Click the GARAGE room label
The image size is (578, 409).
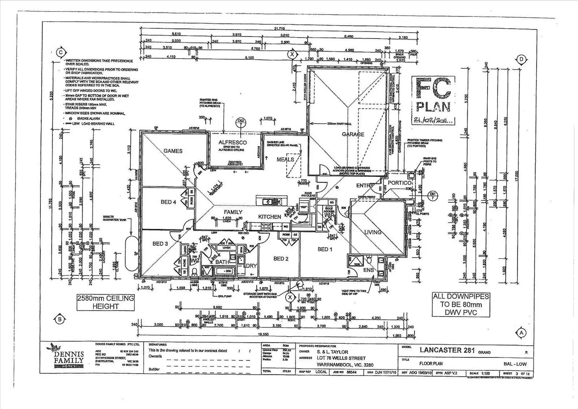click(353, 134)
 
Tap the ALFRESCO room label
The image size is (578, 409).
click(232, 143)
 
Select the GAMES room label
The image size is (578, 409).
click(173, 151)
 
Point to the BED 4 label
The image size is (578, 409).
click(168, 202)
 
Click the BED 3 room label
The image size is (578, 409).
click(160, 244)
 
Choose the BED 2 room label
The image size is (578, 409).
click(281, 259)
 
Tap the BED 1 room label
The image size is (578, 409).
click(325, 249)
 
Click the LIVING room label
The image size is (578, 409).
click(373, 232)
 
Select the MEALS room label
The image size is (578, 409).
click(285, 160)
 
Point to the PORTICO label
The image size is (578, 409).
click(399, 183)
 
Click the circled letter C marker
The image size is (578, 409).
click(60, 52)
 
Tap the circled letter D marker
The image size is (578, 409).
click(521, 59)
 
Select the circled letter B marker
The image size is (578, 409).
click(59, 319)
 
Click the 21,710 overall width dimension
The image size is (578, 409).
click(279, 28)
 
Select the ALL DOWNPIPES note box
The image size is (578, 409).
click(461, 304)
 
